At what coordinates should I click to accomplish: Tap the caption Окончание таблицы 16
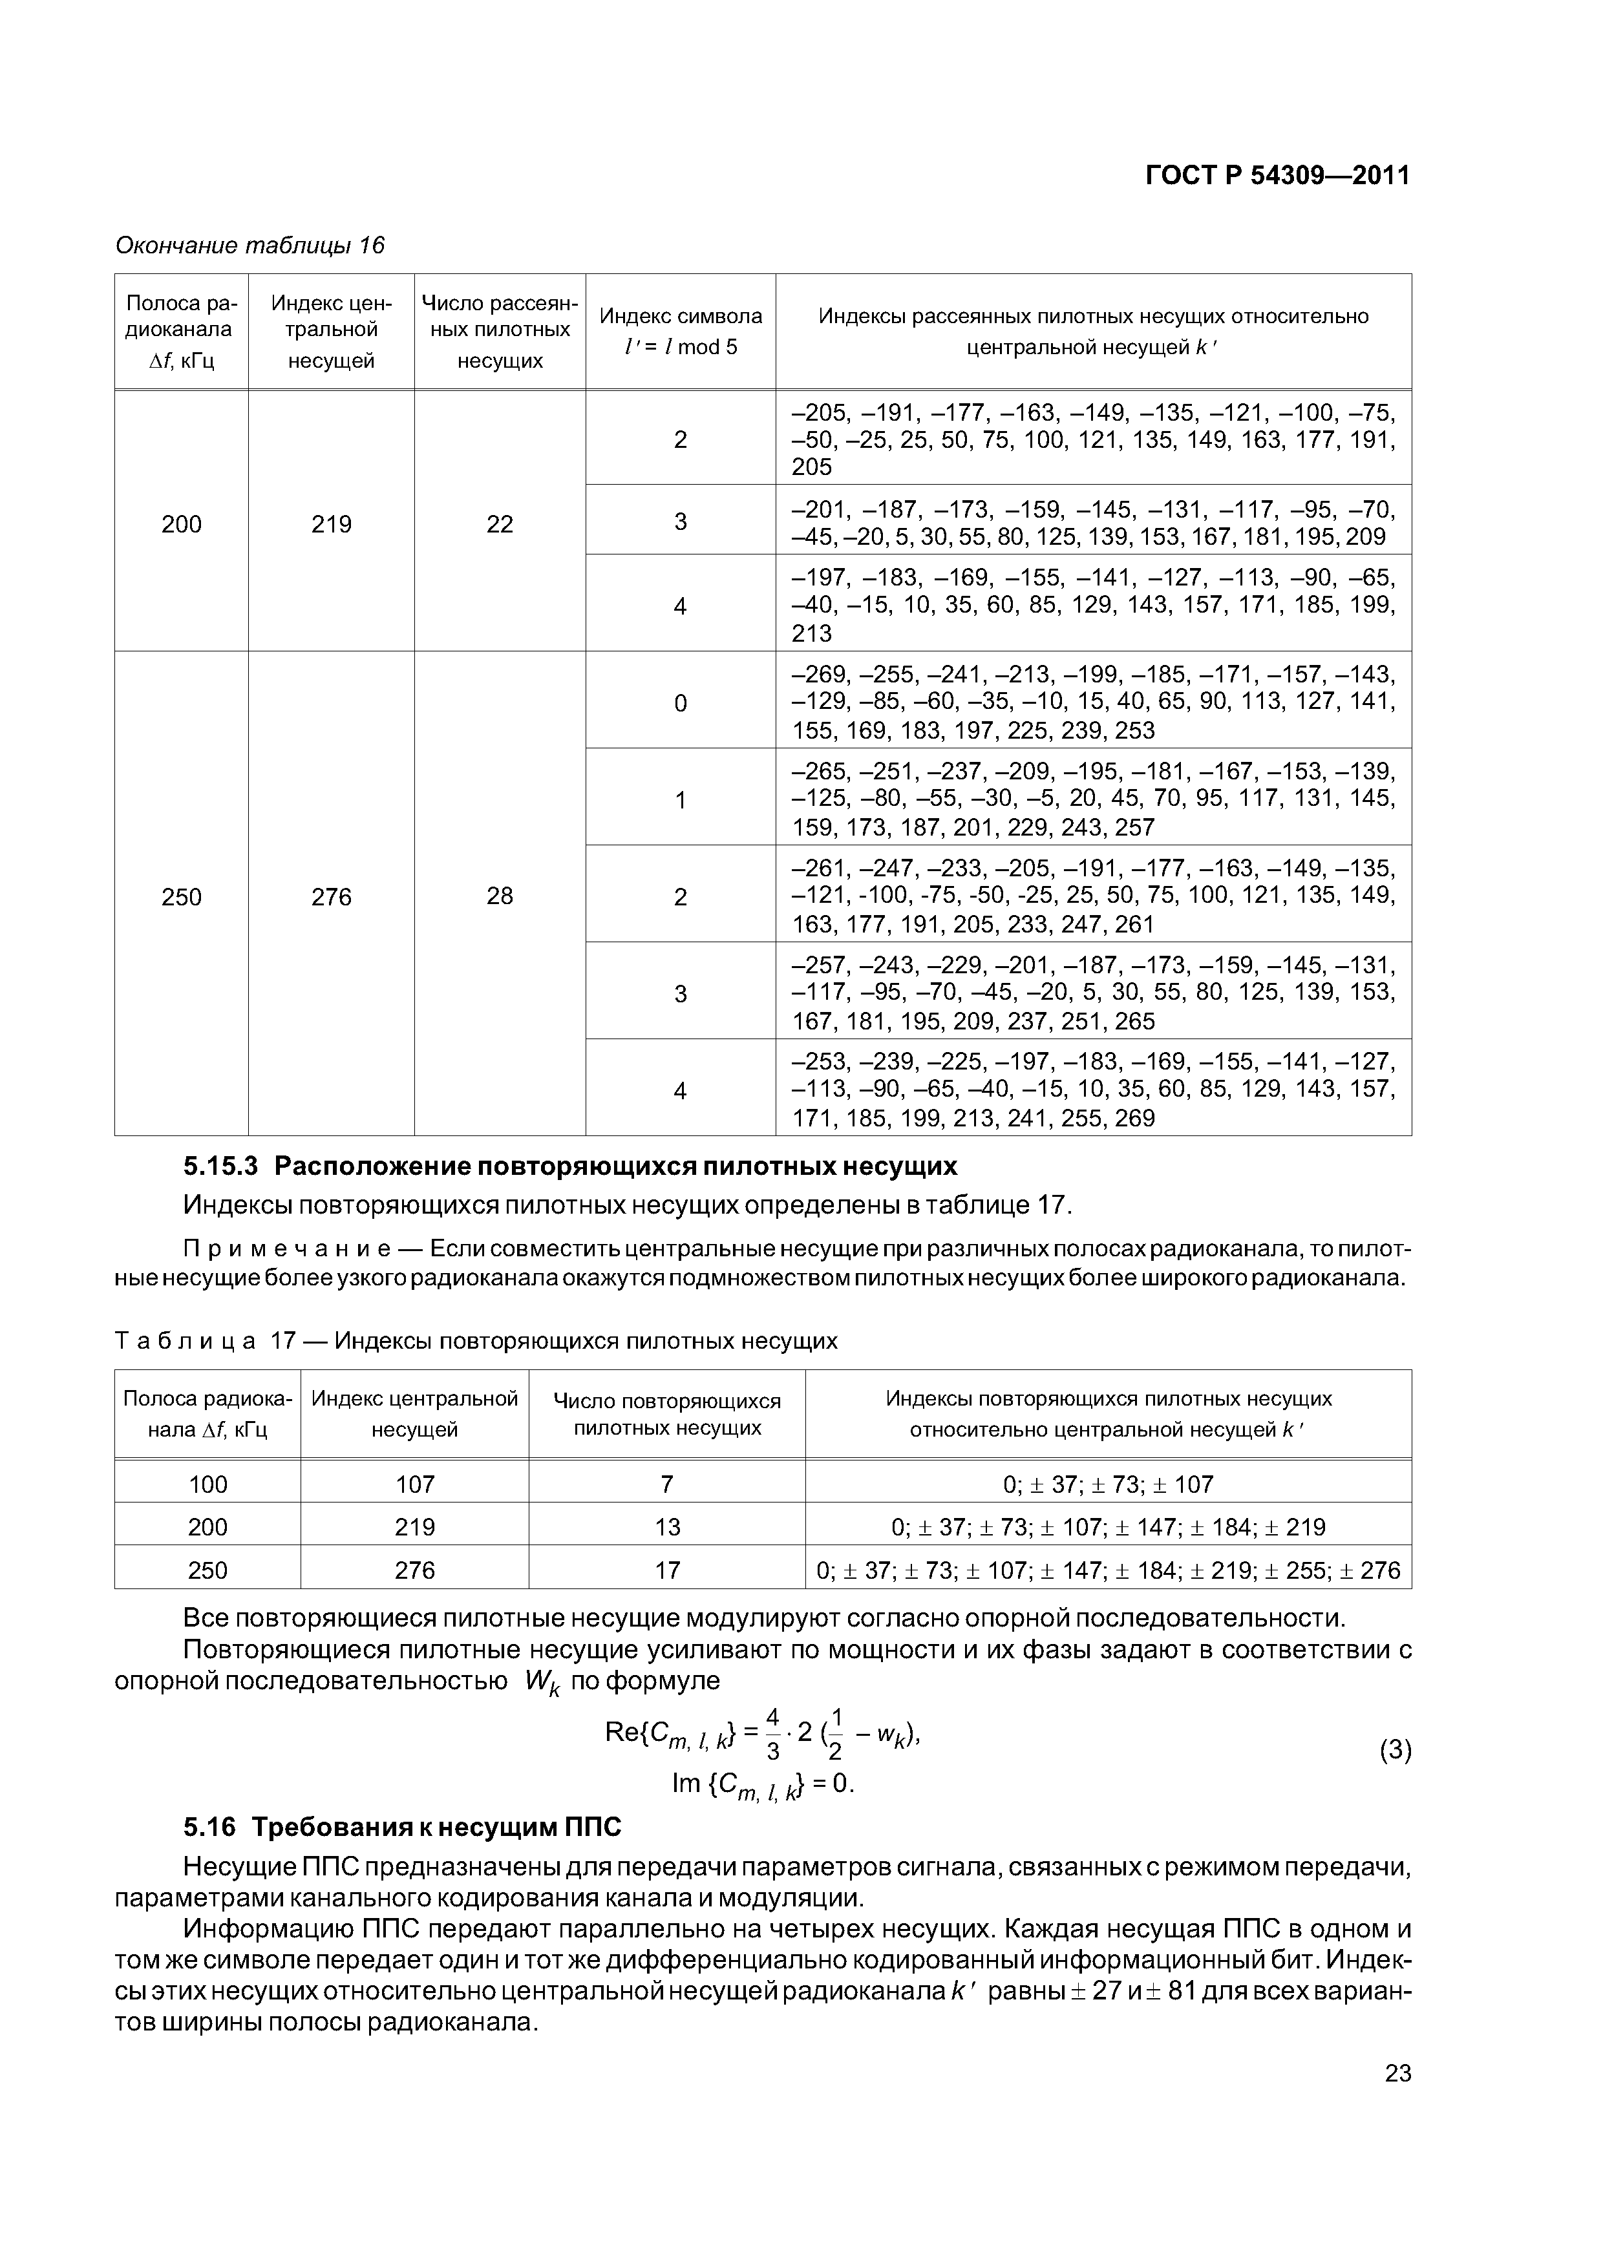[250, 245]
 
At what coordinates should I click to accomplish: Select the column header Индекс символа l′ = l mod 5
[681, 331]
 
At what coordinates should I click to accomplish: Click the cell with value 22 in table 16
[500, 524]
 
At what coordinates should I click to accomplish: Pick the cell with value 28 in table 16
[500, 896]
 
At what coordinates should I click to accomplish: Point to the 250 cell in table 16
[182, 896]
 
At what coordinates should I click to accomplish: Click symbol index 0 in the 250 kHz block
[681, 703]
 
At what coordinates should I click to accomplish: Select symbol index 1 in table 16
[681, 800]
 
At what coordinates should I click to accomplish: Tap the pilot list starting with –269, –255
[1094, 702]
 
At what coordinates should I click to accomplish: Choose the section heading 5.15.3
[570, 1166]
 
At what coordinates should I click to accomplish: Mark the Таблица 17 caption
[476, 1341]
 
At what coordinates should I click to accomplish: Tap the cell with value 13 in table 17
[668, 1528]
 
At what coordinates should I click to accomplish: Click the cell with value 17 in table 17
[668, 1570]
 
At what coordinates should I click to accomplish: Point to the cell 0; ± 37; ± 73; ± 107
[1108, 1484]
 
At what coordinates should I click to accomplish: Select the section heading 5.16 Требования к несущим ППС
[403, 1828]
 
